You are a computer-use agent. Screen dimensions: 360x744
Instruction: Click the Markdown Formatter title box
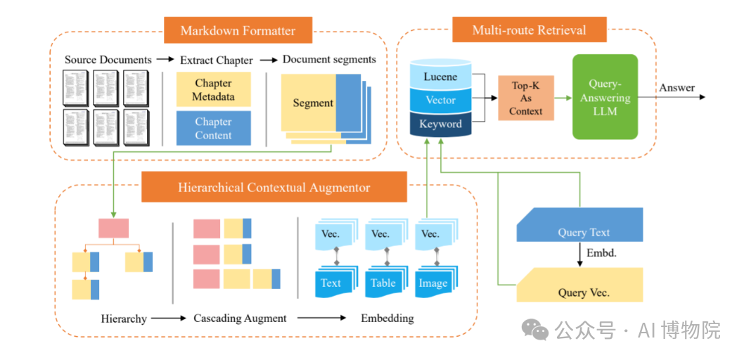point(238,30)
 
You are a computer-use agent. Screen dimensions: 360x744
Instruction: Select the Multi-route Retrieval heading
point(529,30)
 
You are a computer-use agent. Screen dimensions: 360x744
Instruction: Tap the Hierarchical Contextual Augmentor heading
point(274,188)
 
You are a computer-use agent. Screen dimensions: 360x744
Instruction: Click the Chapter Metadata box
point(213,89)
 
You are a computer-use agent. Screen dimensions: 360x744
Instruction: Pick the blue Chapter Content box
point(213,128)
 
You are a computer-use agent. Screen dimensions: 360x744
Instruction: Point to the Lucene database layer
point(440,77)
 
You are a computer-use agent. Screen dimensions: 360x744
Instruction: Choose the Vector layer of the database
point(440,100)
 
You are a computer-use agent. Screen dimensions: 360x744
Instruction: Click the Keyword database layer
point(440,124)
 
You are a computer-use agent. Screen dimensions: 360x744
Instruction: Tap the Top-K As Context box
point(526,98)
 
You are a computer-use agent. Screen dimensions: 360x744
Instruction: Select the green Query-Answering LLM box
point(605,96)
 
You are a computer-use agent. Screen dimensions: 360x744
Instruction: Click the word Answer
point(677,88)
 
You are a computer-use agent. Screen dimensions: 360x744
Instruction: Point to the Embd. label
point(601,252)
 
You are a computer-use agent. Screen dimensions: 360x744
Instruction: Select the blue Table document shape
point(383,282)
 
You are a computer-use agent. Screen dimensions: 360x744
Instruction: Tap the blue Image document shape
point(432,283)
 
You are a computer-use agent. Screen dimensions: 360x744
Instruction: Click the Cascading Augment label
point(240,319)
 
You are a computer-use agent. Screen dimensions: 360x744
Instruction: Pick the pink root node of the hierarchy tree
point(113,228)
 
